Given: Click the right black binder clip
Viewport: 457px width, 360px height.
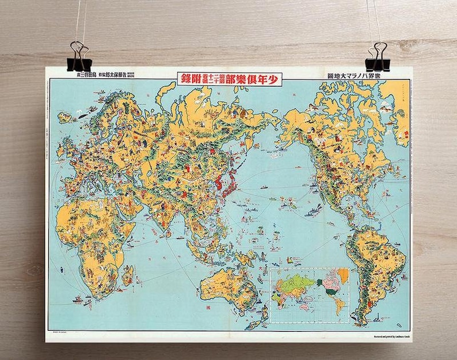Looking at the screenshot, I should point(378,55).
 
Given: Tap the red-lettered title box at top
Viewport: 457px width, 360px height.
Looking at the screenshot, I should point(229,79).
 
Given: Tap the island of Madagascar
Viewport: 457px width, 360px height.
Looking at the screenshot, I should point(127,274).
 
